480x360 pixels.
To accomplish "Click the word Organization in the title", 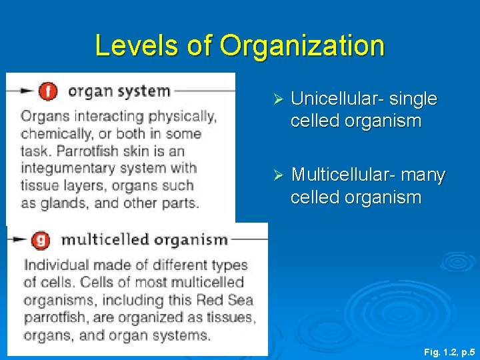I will (x=302, y=46).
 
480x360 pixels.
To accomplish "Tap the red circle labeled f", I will (x=48, y=91).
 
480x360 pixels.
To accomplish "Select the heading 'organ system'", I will (x=119, y=91).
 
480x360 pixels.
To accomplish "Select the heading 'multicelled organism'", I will (x=145, y=239).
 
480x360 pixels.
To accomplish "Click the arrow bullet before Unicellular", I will (x=279, y=99).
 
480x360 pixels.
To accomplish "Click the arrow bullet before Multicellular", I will (x=279, y=175).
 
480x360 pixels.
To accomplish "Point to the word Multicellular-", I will (x=343, y=175).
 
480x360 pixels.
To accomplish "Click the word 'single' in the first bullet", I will (x=413, y=99).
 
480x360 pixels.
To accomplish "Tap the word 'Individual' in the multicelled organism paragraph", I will (x=53, y=265).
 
